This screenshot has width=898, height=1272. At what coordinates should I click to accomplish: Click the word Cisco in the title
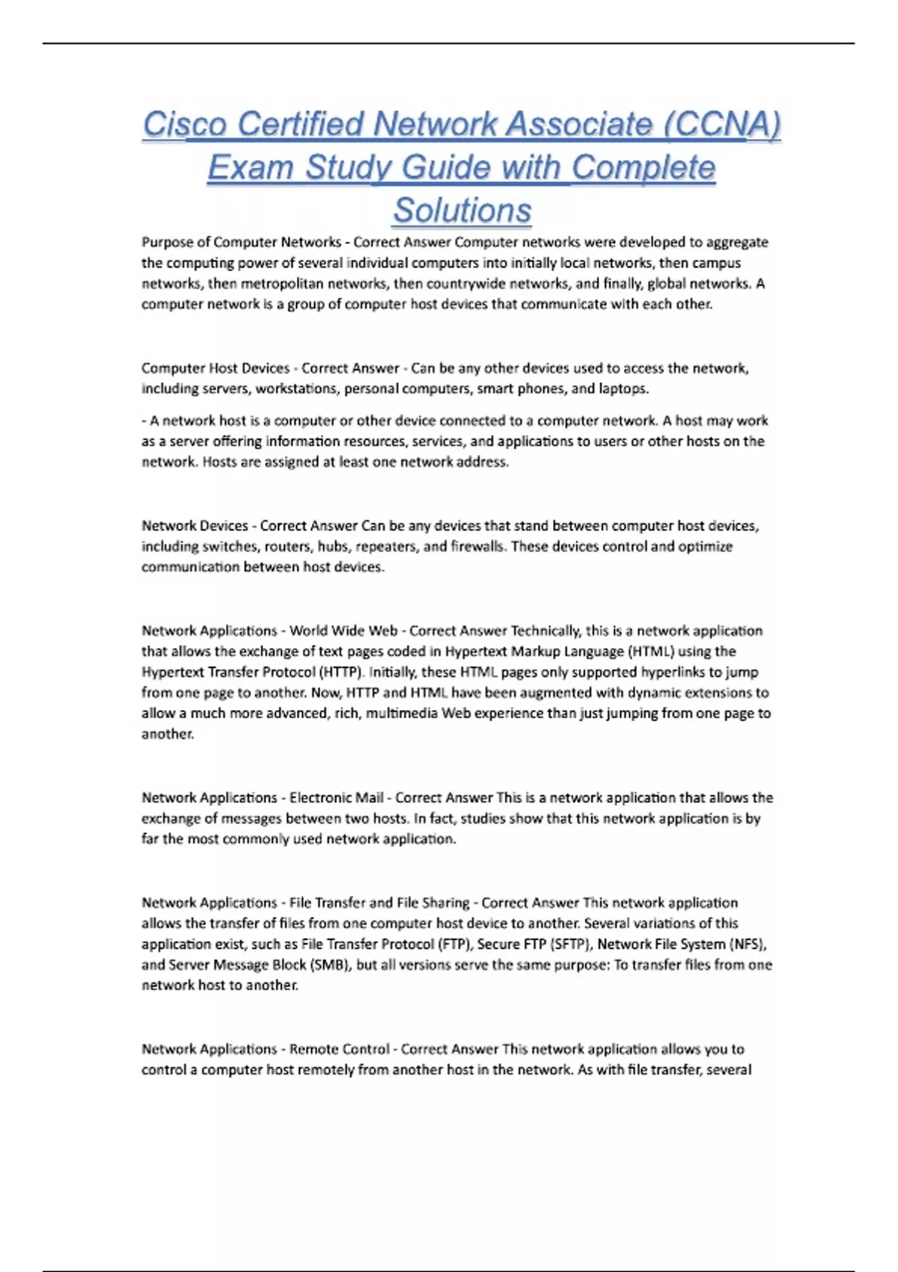click(185, 124)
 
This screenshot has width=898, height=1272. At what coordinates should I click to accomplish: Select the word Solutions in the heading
click(462, 210)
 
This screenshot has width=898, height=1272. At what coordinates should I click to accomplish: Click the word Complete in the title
click(643, 168)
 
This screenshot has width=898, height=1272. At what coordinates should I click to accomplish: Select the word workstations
click(296, 389)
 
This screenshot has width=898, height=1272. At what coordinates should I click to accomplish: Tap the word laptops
click(623, 389)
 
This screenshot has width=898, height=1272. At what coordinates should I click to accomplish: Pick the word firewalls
click(477, 546)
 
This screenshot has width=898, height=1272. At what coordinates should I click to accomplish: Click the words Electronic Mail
click(336, 798)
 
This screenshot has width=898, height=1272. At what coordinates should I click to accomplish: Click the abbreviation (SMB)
click(329, 964)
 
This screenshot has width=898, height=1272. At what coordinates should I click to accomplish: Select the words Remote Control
click(339, 1049)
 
